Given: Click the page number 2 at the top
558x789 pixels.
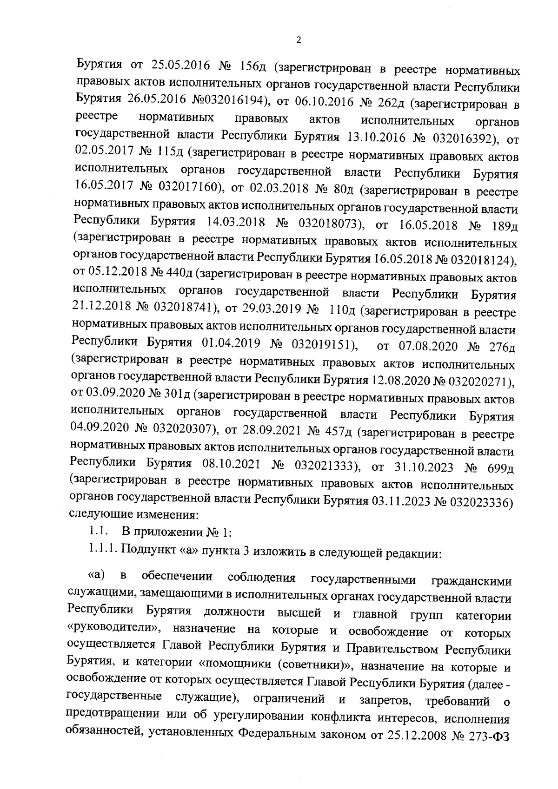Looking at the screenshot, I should click(x=299, y=40).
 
